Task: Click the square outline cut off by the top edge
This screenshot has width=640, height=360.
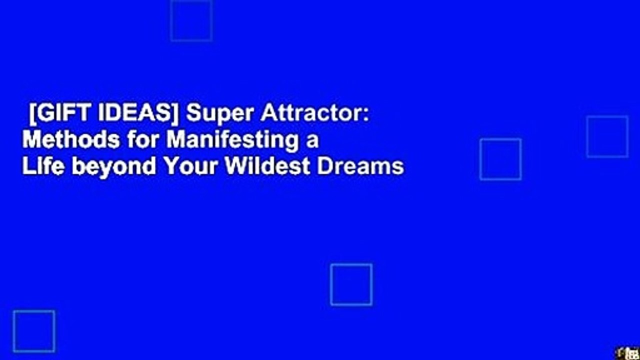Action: coord(191,20)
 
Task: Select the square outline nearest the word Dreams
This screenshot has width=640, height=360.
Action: coord(500,159)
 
